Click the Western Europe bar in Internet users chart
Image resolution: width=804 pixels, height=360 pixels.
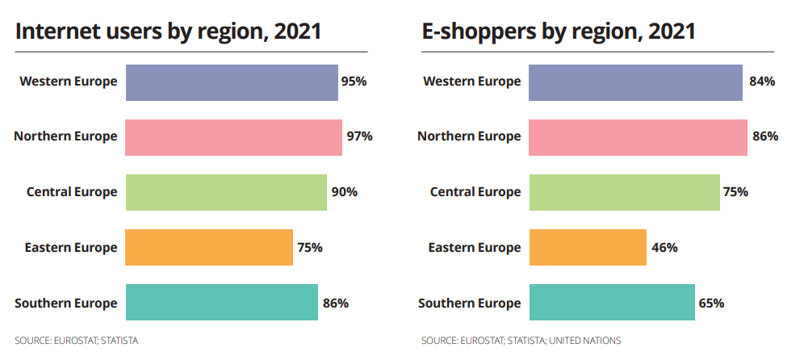tap(232, 82)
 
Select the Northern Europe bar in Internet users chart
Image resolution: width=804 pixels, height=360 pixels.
tap(234, 137)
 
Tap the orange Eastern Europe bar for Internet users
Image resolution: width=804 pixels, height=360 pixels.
tap(209, 247)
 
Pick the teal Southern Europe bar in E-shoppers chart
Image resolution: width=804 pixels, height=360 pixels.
tap(611, 303)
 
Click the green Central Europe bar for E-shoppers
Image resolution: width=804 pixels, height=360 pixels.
tap(624, 192)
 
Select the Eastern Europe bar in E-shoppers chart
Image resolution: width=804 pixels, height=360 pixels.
tap(588, 247)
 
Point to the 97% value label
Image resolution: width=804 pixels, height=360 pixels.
tap(359, 136)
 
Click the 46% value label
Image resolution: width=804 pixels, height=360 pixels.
tap(664, 248)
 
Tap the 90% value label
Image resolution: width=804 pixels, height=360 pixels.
tap(344, 192)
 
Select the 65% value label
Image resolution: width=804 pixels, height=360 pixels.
tap(711, 303)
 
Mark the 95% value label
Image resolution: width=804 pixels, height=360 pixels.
tap(354, 82)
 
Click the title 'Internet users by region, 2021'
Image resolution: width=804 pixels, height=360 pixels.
tap(168, 31)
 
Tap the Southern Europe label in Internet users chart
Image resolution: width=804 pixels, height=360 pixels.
tap(65, 303)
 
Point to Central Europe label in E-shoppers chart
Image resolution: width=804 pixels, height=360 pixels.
tap(475, 192)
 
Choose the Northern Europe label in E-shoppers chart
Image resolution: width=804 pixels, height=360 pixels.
tap(469, 136)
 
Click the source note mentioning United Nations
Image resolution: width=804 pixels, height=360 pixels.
tap(521, 341)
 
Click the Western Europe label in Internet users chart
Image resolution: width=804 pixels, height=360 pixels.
tap(69, 82)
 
